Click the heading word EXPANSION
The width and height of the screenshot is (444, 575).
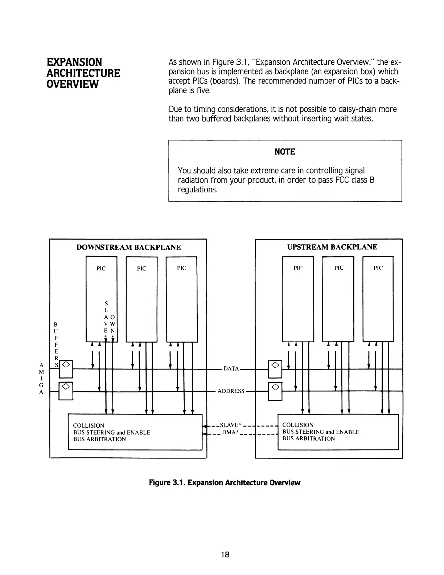point(74,62)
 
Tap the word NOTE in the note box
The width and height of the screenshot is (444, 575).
point(285,152)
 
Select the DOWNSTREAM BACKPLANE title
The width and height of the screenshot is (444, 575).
point(128,248)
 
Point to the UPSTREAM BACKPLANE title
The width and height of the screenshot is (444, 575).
point(332,247)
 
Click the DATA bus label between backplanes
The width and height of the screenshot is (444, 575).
point(231,369)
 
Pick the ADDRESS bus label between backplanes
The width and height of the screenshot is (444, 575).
point(231,391)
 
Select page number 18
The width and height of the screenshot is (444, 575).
point(225,554)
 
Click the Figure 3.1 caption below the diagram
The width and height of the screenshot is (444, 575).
point(225,482)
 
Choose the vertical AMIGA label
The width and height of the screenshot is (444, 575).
point(41,379)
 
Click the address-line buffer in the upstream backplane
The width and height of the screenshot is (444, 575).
point(275,391)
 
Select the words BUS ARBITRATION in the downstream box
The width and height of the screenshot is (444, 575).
point(99,439)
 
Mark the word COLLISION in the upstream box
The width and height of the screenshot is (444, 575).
point(298,425)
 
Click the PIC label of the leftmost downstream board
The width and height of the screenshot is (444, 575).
point(101,268)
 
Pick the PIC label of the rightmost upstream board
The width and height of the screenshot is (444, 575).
point(378,268)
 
